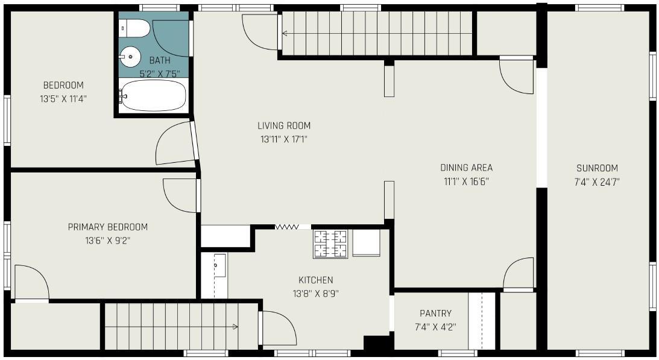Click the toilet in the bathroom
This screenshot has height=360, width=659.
(134, 28)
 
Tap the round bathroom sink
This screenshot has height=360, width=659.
(130, 56)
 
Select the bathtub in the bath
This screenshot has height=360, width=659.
(153, 95)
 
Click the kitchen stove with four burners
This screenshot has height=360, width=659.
(330, 244)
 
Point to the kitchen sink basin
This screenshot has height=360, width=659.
(219, 265)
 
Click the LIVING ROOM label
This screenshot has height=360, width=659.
(284, 125)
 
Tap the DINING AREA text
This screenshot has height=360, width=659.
(466, 168)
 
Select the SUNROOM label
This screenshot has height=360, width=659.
(598, 168)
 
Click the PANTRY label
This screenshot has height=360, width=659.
(435, 314)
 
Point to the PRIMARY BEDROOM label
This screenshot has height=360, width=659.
(107, 227)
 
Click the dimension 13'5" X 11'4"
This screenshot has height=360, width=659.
(63, 99)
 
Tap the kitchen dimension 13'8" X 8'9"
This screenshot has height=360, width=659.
(315, 294)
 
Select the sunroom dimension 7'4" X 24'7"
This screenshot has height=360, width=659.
(598, 182)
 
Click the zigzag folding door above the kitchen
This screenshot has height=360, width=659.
(287, 227)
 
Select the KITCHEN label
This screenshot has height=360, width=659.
(315, 280)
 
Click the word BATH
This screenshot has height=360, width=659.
(160, 60)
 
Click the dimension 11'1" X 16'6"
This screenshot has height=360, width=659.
(466, 182)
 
